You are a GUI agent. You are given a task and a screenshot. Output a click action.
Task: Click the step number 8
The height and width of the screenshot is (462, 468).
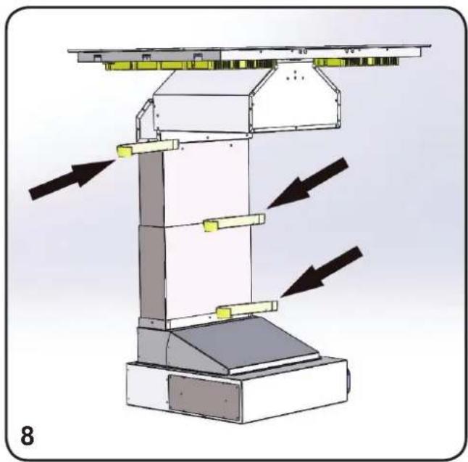pos(28,435)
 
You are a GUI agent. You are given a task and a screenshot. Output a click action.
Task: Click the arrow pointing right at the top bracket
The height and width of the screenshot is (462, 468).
pos(72,179)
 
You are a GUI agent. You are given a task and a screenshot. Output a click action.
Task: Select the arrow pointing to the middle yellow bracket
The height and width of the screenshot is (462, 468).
pos(307,183)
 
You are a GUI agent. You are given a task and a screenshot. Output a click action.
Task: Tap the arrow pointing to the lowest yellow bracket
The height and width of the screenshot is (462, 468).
pos(322,272)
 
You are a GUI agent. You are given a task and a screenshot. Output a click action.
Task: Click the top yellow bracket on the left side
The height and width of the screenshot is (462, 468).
pos(148,148)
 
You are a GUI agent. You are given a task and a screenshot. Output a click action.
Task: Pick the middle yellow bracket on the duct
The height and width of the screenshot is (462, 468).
pos(234,222)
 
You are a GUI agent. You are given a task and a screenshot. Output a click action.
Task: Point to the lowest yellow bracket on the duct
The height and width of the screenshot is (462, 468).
pos(247,309)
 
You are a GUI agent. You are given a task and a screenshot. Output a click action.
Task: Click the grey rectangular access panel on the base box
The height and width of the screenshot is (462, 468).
pos(204,397)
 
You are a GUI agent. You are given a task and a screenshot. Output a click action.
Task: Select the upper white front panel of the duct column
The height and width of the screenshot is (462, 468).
pos(206,182)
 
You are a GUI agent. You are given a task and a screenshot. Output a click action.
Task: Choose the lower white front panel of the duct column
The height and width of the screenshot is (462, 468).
pos(207,271)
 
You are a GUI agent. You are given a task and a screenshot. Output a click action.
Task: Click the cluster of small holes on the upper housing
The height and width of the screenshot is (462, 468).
pos(295,76)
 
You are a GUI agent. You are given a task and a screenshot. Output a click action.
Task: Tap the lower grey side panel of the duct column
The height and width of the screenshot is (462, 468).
pos(153,273)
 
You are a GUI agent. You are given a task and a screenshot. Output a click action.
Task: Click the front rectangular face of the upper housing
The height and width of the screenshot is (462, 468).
pos(201,113)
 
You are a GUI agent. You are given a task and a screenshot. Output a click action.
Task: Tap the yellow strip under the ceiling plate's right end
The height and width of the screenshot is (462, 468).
pos(356,62)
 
